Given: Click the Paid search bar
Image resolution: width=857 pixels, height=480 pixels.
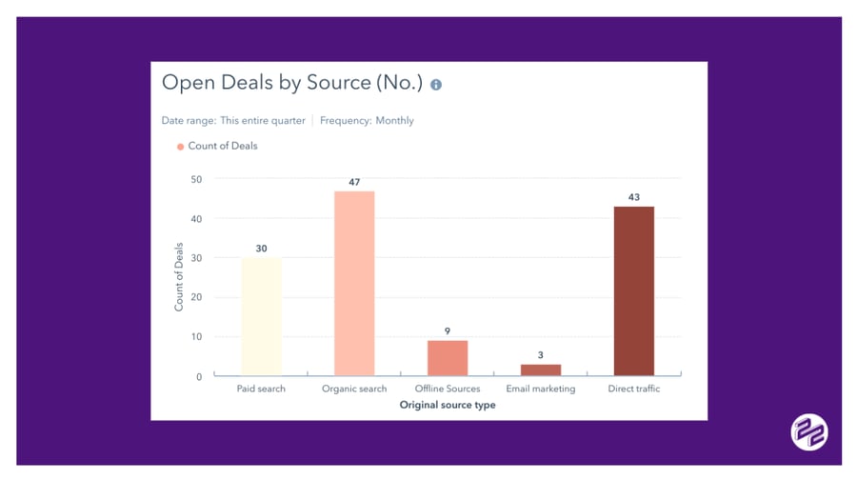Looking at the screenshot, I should [261, 316].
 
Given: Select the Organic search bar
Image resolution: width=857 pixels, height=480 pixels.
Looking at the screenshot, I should [354, 283].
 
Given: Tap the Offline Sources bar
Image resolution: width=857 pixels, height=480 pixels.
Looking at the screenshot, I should [448, 358].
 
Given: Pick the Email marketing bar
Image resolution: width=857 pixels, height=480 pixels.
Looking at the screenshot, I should [540, 370].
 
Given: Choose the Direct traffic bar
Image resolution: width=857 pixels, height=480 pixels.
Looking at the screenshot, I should [633, 290].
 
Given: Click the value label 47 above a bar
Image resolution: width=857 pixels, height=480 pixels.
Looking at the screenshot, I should [354, 182].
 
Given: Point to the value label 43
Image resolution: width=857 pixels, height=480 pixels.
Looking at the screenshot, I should [633, 197].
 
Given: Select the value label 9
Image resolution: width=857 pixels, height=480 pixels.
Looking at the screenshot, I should [448, 331].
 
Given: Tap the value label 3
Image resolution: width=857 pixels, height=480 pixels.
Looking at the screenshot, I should [540, 355].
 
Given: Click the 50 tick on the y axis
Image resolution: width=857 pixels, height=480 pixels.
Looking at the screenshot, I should [196, 179].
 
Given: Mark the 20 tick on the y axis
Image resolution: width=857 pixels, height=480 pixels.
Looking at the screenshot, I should [196, 297].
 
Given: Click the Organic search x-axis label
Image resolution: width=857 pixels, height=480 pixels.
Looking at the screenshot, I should [354, 390].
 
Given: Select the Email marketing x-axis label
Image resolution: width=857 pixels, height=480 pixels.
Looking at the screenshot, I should [540, 390].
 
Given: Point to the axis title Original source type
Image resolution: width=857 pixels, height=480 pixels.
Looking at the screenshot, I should [448, 405].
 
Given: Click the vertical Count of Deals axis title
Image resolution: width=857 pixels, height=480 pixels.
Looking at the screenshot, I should [179, 277].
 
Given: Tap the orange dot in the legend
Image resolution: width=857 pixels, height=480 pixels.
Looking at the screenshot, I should [179, 147].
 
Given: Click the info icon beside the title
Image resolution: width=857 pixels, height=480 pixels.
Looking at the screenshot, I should [436, 85].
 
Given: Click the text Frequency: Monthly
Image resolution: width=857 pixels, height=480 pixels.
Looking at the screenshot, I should [367, 121].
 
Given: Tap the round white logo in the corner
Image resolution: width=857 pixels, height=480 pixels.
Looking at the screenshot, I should [808, 432].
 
